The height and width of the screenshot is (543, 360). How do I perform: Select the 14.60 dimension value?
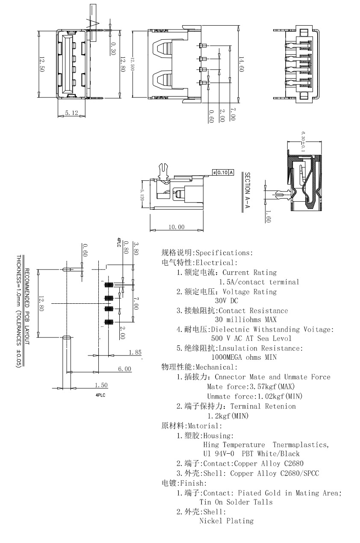241,64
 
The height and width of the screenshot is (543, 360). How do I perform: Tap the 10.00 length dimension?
176,227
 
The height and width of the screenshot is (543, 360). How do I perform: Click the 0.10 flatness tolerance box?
223,173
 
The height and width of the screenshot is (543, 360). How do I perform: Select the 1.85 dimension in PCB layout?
135,352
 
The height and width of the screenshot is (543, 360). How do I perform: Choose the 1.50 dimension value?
101,385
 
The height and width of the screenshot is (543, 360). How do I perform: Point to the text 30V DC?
227,301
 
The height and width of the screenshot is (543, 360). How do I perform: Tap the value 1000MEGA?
227,357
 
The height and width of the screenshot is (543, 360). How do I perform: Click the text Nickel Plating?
226,521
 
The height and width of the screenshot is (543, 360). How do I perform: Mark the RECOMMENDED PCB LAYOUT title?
27,307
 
